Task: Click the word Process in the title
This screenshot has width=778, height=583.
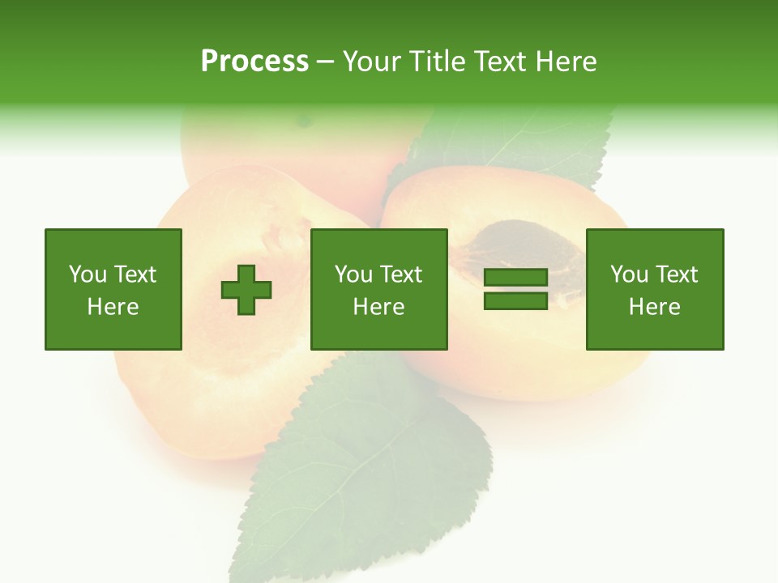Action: click(254, 62)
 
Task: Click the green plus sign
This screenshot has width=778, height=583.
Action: click(246, 290)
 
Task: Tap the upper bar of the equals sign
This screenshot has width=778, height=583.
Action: click(515, 278)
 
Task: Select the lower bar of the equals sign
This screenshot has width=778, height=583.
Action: click(515, 300)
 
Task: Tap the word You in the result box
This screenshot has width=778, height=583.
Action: click(628, 274)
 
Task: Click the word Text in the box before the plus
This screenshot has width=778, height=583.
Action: click(135, 274)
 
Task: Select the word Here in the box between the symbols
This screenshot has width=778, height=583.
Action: click(378, 307)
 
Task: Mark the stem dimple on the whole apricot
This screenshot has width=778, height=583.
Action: click(305, 121)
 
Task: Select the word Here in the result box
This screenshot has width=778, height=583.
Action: click(654, 307)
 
